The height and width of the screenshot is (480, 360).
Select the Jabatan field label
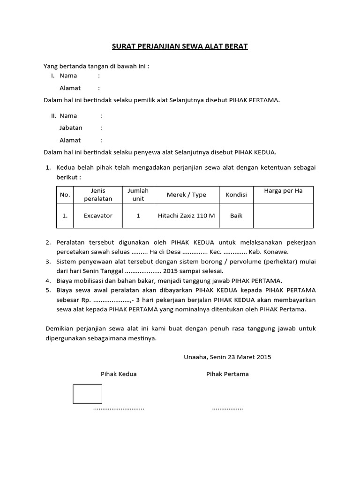(71, 127)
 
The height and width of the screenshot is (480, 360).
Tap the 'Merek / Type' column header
(186, 195)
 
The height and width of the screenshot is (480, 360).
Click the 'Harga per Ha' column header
(283, 191)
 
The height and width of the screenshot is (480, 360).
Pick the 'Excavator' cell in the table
(98, 216)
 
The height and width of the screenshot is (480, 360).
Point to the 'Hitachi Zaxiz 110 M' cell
(186, 216)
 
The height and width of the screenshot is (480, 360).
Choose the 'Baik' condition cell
(236, 216)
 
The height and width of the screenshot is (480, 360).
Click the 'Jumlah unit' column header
(138, 195)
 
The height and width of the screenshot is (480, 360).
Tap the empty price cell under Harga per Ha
(283, 216)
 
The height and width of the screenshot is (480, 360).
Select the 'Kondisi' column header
(236, 195)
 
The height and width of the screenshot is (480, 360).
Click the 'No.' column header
(65, 195)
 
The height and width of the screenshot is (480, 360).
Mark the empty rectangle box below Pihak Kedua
(87, 394)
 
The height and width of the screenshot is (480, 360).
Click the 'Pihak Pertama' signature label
(227, 374)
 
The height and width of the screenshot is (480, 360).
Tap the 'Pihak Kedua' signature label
(119, 374)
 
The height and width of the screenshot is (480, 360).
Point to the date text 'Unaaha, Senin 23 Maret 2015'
(227, 357)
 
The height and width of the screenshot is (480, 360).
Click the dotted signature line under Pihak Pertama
(227, 409)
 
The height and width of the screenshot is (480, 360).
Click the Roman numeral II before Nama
(53, 115)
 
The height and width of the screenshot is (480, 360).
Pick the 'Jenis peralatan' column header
(98, 195)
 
